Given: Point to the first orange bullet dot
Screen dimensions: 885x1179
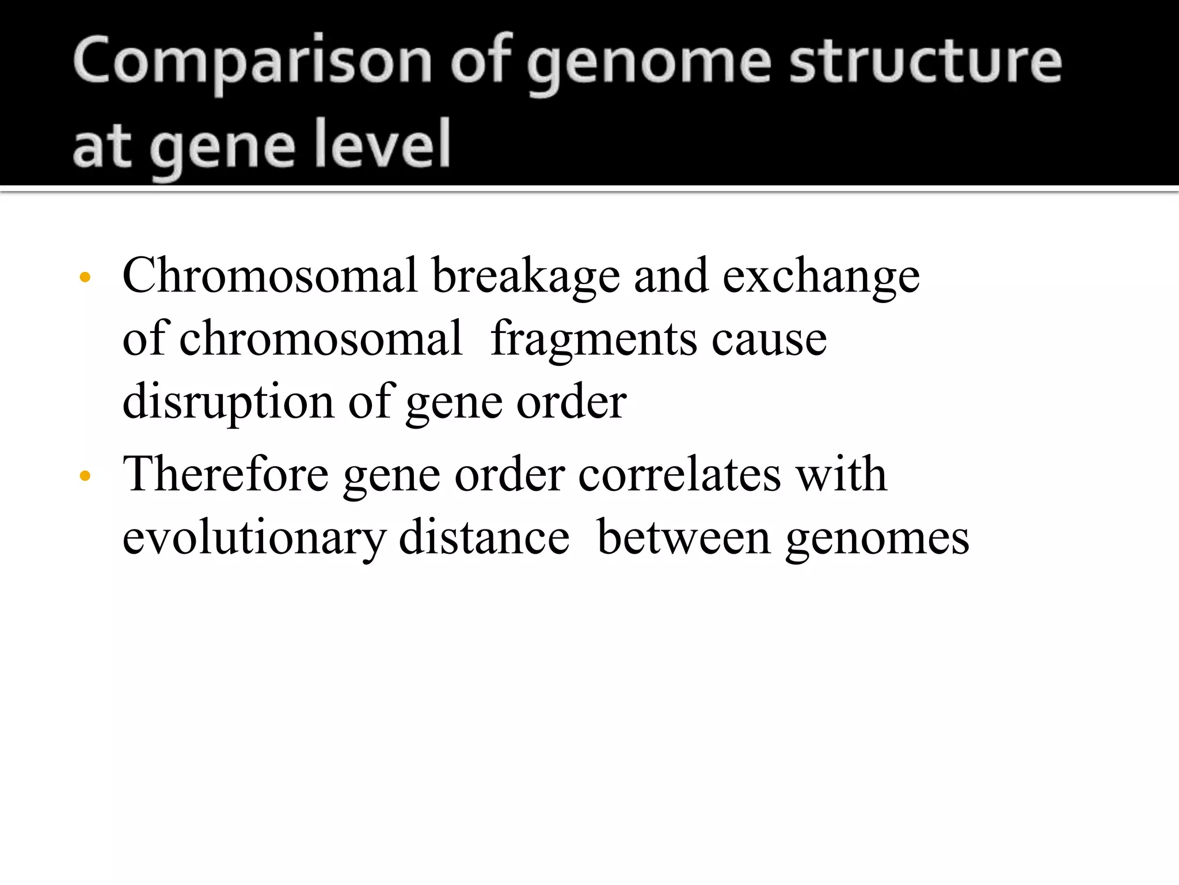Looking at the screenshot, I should pyautogui.click(x=85, y=278).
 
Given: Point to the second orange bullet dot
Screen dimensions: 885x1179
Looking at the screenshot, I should pyautogui.click(x=85, y=476).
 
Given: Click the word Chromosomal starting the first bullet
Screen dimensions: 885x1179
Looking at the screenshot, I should pyautogui.click(x=269, y=275).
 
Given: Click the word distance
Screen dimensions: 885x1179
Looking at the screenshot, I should pyautogui.click(x=484, y=537).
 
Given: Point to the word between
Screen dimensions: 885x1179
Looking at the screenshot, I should pyautogui.click(x=683, y=537).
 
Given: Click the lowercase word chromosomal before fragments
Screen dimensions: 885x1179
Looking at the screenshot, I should pyautogui.click(x=321, y=339).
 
